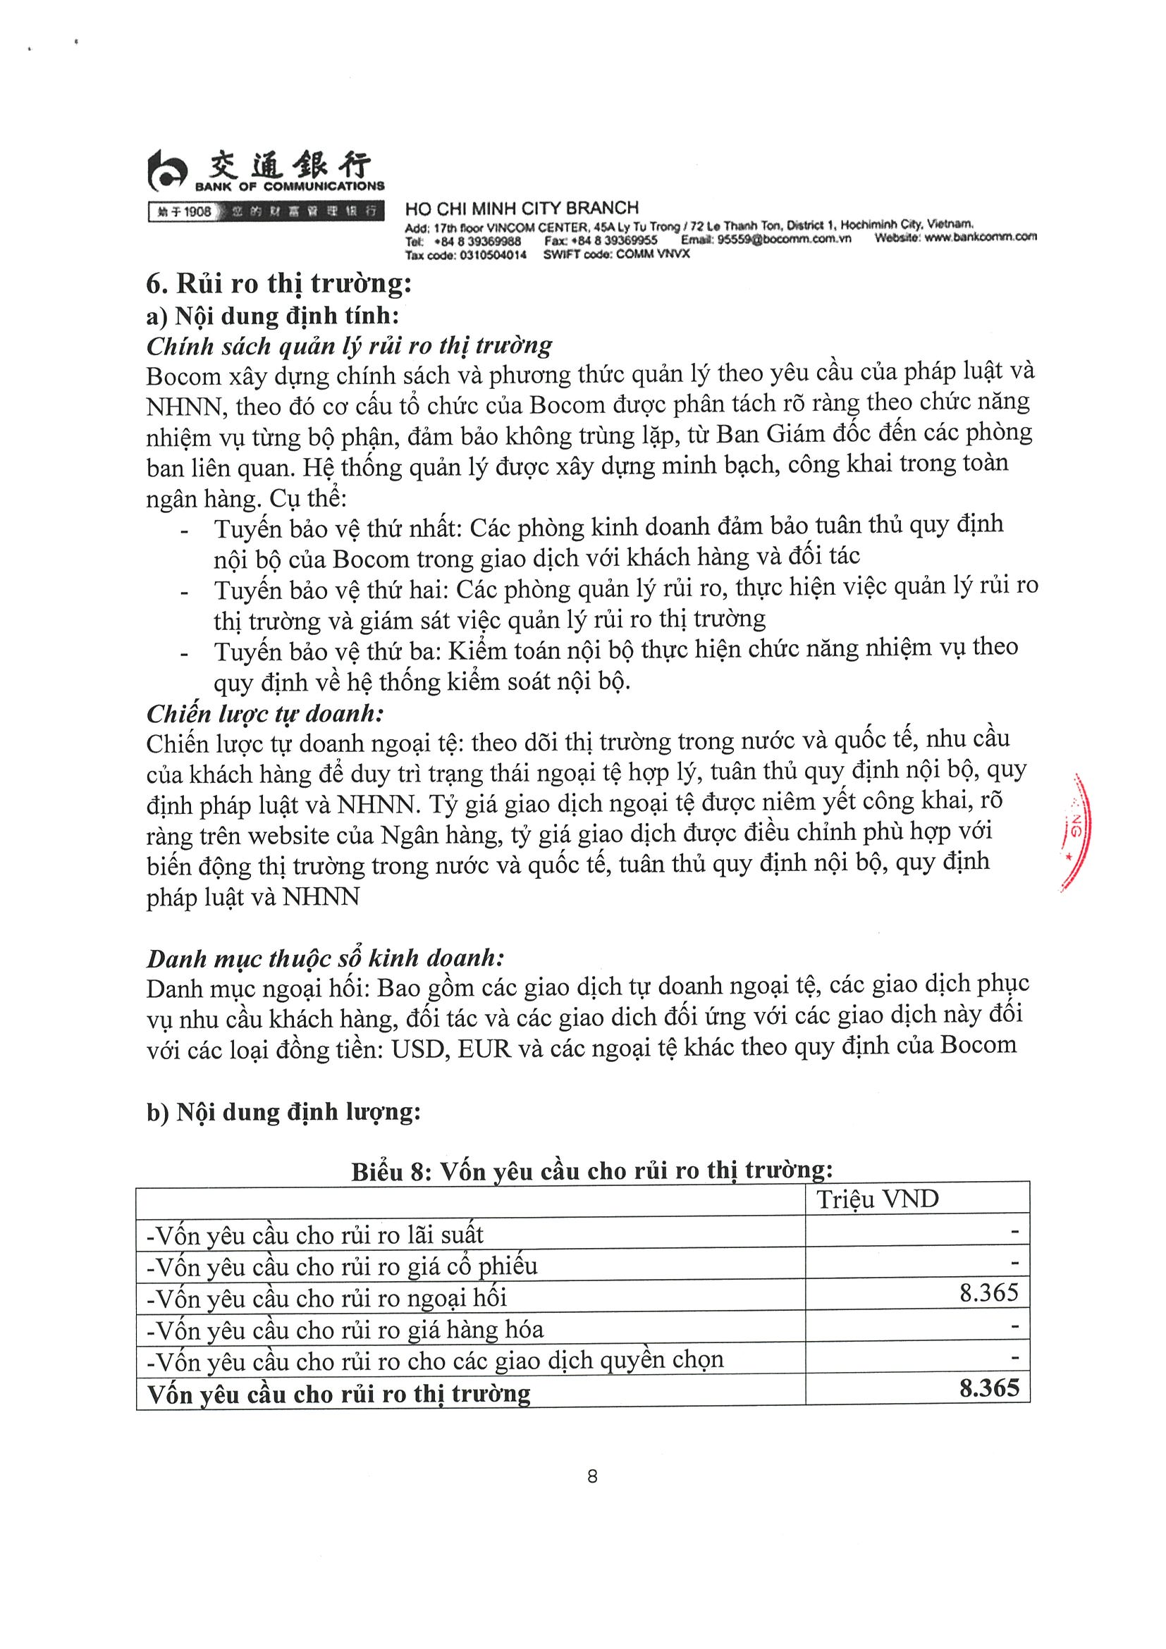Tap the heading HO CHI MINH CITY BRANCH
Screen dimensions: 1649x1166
click(522, 209)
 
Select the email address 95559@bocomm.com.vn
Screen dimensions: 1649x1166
click(784, 239)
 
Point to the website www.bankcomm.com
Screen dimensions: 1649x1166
click(980, 237)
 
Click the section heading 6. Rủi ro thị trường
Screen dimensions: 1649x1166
click(278, 284)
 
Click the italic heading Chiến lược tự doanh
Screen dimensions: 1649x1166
click(265, 713)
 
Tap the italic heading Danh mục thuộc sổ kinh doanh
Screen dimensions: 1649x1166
click(326, 958)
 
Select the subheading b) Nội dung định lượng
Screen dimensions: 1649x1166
click(283, 1112)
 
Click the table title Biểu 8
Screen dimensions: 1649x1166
click(592, 1171)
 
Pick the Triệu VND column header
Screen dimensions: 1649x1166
click(877, 1199)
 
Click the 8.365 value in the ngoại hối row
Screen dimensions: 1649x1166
click(988, 1292)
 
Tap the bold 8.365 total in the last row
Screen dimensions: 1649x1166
click(988, 1388)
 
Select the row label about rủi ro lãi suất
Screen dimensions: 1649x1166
click(314, 1235)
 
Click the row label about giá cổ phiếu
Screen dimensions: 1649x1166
click(341, 1266)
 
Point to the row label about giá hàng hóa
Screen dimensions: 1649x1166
click(345, 1329)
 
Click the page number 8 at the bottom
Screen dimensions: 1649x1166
click(592, 1476)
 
